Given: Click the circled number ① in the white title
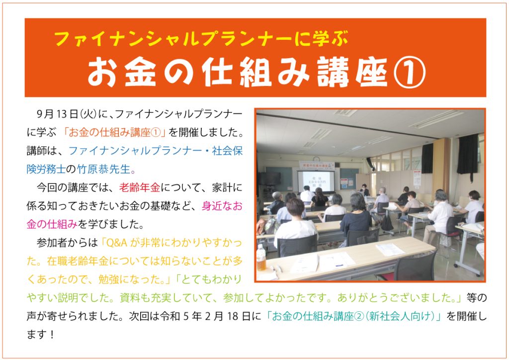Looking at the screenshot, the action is (x=410, y=73).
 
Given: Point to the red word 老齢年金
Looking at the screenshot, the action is (x=140, y=187).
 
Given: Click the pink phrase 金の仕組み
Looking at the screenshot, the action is (x=52, y=224).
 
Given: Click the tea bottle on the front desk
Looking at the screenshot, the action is (x=261, y=258).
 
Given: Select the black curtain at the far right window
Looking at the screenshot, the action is (x=467, y=156).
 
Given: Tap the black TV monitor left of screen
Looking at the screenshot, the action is (x=270, y=179).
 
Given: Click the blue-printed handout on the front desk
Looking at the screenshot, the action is (x=390, y=250).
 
